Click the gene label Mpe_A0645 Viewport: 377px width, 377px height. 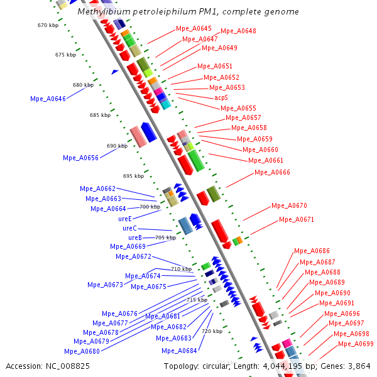[194, 29]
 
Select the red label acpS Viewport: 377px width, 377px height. [221, 98]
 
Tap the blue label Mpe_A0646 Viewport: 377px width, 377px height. [48, 99]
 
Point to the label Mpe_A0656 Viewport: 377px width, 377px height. [80, 158]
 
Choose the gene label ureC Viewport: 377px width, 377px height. [129, 228]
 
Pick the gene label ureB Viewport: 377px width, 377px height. [135, 238]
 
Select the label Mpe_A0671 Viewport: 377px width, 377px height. [297, 220]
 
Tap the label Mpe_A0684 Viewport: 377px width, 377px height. [179, 351]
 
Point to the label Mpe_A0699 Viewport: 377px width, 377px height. [356, 344]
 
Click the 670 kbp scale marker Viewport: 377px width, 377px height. [47, 25]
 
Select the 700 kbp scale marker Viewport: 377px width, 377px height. [150, 207]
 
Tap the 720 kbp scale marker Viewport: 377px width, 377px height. [212, 331]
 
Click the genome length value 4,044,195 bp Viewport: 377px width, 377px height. [301, 366]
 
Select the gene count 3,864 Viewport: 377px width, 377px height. [359, 366]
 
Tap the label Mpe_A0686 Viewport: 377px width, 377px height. [312, 251]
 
